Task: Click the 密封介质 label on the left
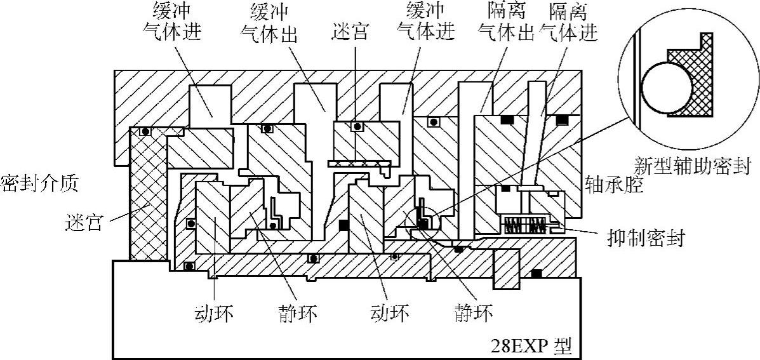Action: pos(39,185)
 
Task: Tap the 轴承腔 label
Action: pos(614,185)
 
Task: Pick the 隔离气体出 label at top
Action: pos(506,21)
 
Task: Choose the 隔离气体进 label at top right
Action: pos(568,21)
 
